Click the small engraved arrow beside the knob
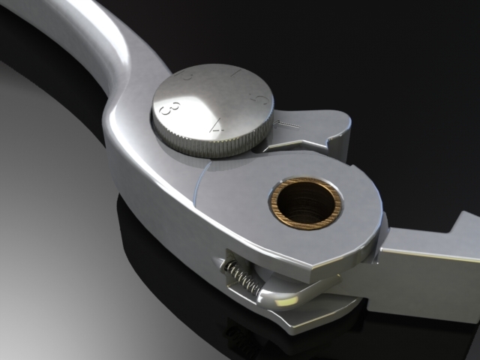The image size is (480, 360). (288, 123)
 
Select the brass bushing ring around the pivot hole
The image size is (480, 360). (306, 185)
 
